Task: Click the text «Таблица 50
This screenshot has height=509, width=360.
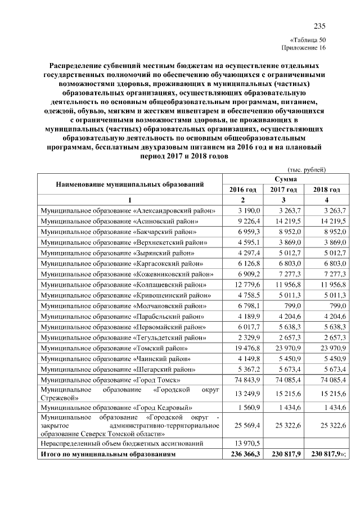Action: (x=308, y=40)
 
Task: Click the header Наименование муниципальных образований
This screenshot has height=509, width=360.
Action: (x=129, y=184)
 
